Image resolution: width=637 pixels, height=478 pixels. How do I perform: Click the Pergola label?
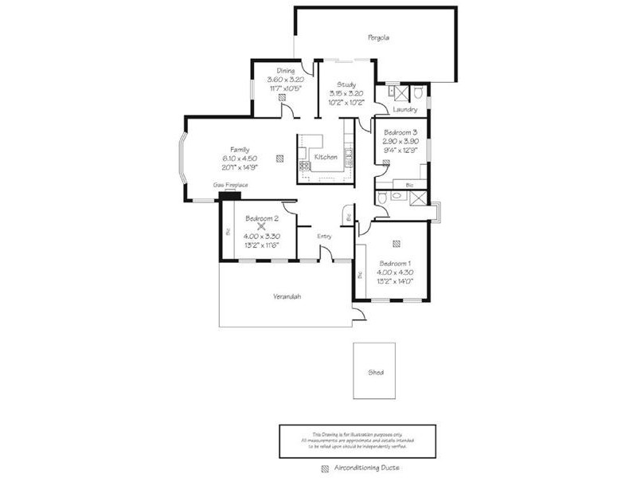(378, 37)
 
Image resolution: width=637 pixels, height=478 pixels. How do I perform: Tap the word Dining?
(285, 71)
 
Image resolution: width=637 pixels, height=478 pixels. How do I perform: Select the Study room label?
(346, 84)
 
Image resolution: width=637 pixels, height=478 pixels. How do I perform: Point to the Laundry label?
(405, 110)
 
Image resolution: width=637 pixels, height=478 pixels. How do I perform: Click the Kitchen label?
(326, 158)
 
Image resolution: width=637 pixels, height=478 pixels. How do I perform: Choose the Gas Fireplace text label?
(230, 185)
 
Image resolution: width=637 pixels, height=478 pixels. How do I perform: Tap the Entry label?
(324, 236)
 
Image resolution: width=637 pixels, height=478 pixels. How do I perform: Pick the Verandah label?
(287, 296)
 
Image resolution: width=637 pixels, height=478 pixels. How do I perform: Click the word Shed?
(374, 372)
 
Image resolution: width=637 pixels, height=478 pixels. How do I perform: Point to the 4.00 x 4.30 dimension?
(395, 272)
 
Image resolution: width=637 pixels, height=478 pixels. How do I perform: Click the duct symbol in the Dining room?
(284, 98)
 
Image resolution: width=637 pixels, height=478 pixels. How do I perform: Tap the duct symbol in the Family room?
(279, 158)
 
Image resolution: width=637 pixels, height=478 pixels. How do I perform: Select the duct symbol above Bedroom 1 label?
(396, 245)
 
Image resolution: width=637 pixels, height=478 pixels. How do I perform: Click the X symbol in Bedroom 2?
(261, 226)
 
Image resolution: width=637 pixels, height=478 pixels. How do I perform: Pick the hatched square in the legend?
(324, 469)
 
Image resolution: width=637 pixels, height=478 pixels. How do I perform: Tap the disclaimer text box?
(357, 440)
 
